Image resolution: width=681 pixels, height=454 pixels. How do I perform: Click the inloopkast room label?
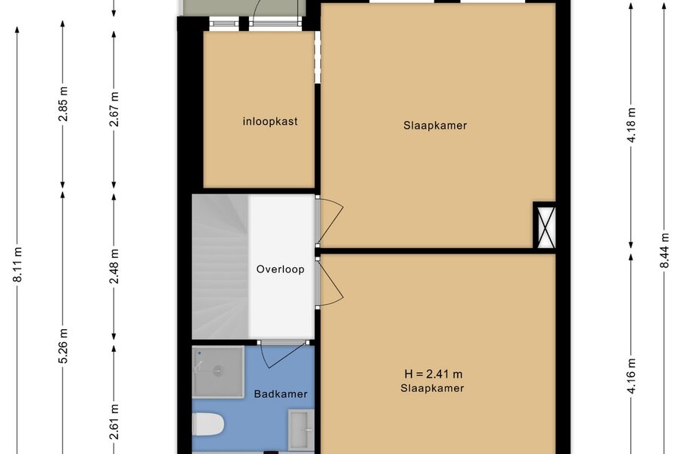[270, 121]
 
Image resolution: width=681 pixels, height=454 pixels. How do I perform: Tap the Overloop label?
[280, 269]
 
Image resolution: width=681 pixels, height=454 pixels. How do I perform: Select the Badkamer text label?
[281, 394]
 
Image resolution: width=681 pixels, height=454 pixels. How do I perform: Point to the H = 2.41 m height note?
[433, 374]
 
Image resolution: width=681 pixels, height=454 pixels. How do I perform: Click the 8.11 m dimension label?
[18, 265]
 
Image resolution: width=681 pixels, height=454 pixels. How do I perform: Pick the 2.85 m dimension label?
[64, 104]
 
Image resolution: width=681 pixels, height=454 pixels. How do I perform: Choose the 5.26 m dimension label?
[64, 347]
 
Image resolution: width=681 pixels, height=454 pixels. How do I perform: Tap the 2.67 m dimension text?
[114, 110]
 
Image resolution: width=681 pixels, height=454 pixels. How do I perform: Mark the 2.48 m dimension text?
[114, 266]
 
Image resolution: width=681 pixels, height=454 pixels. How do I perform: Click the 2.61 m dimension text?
[114, 421]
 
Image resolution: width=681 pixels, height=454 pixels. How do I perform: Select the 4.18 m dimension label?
[632, 125]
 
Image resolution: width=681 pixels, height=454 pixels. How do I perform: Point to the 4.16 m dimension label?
[632, 376]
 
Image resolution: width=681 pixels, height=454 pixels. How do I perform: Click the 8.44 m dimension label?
[664, 250]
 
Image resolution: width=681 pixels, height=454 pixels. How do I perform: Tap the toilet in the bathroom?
[208, 424]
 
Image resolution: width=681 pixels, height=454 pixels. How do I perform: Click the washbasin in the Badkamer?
[300, 429]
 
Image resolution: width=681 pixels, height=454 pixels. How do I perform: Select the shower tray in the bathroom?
[218, 372]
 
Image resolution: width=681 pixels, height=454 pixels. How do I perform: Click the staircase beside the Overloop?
[220, 267]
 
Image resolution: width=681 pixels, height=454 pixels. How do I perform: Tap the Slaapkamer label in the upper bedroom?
[435, 126]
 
